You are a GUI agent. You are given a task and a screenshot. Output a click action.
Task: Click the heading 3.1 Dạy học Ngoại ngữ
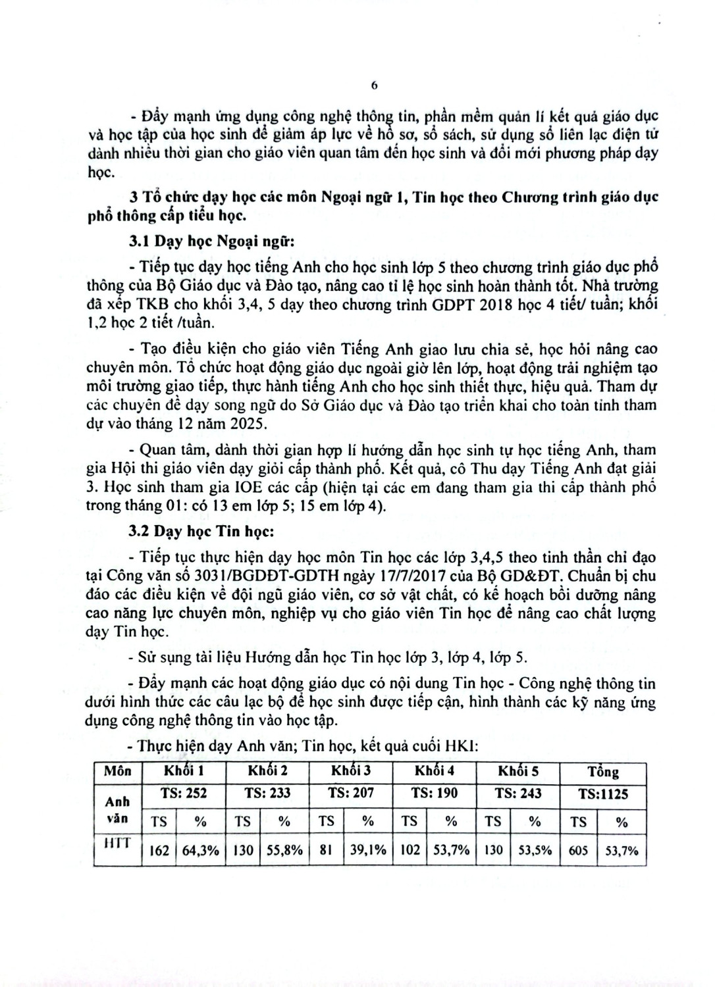211,241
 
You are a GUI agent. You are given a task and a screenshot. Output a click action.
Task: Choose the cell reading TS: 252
184,794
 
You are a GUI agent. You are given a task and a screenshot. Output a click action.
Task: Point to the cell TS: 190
434,794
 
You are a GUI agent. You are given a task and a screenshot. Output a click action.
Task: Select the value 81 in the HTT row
326,850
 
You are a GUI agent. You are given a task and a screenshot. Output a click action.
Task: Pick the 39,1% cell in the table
368,850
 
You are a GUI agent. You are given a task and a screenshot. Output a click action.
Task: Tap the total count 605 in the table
578,850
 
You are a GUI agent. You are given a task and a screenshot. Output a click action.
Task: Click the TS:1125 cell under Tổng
603,794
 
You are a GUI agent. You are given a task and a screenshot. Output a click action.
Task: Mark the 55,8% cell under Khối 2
284,850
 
